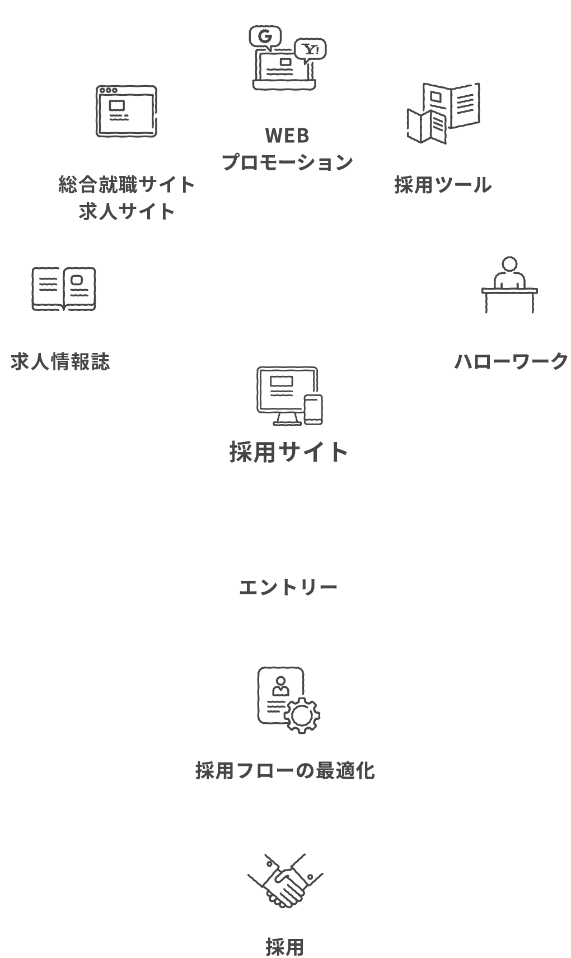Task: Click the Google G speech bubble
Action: pos(265,38)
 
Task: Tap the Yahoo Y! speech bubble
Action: pos(310,50)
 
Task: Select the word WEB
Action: pos(287,136)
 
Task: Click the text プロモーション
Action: pos(287,162)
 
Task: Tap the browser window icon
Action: pos(126,111)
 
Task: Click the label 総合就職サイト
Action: pos(127,184)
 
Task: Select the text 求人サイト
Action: pos(127,211)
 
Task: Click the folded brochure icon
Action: pos(443,113)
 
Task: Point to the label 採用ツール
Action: pos(442,185)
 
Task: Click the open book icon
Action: pos(63,289)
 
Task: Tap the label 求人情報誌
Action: pos(60,362)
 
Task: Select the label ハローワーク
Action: pos(511,361)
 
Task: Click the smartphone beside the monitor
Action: pos(313,409)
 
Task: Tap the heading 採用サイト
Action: pos(289,452)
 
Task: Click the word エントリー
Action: pos(288,588)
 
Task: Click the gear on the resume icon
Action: pos(302,714)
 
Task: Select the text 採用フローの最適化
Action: pos(285,771)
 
